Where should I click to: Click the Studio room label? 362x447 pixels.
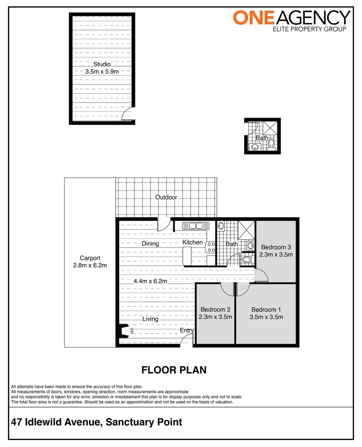tap(102, 64)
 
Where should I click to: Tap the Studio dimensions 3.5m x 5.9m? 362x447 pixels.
tap(102, 71)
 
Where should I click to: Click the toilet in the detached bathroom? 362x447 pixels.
tap(271, 143)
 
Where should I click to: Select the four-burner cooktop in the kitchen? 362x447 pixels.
tap(211, 248)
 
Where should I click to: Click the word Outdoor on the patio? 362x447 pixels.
tap(166, 197)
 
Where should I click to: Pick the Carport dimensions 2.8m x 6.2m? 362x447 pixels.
tap(90, 265)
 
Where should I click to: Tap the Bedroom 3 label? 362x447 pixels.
tap(276, 248)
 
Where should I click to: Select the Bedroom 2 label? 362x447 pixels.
tap(215, 310)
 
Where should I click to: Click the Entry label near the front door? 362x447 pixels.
tap(187, 330)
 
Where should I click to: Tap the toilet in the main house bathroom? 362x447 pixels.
tap(247, 260)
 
